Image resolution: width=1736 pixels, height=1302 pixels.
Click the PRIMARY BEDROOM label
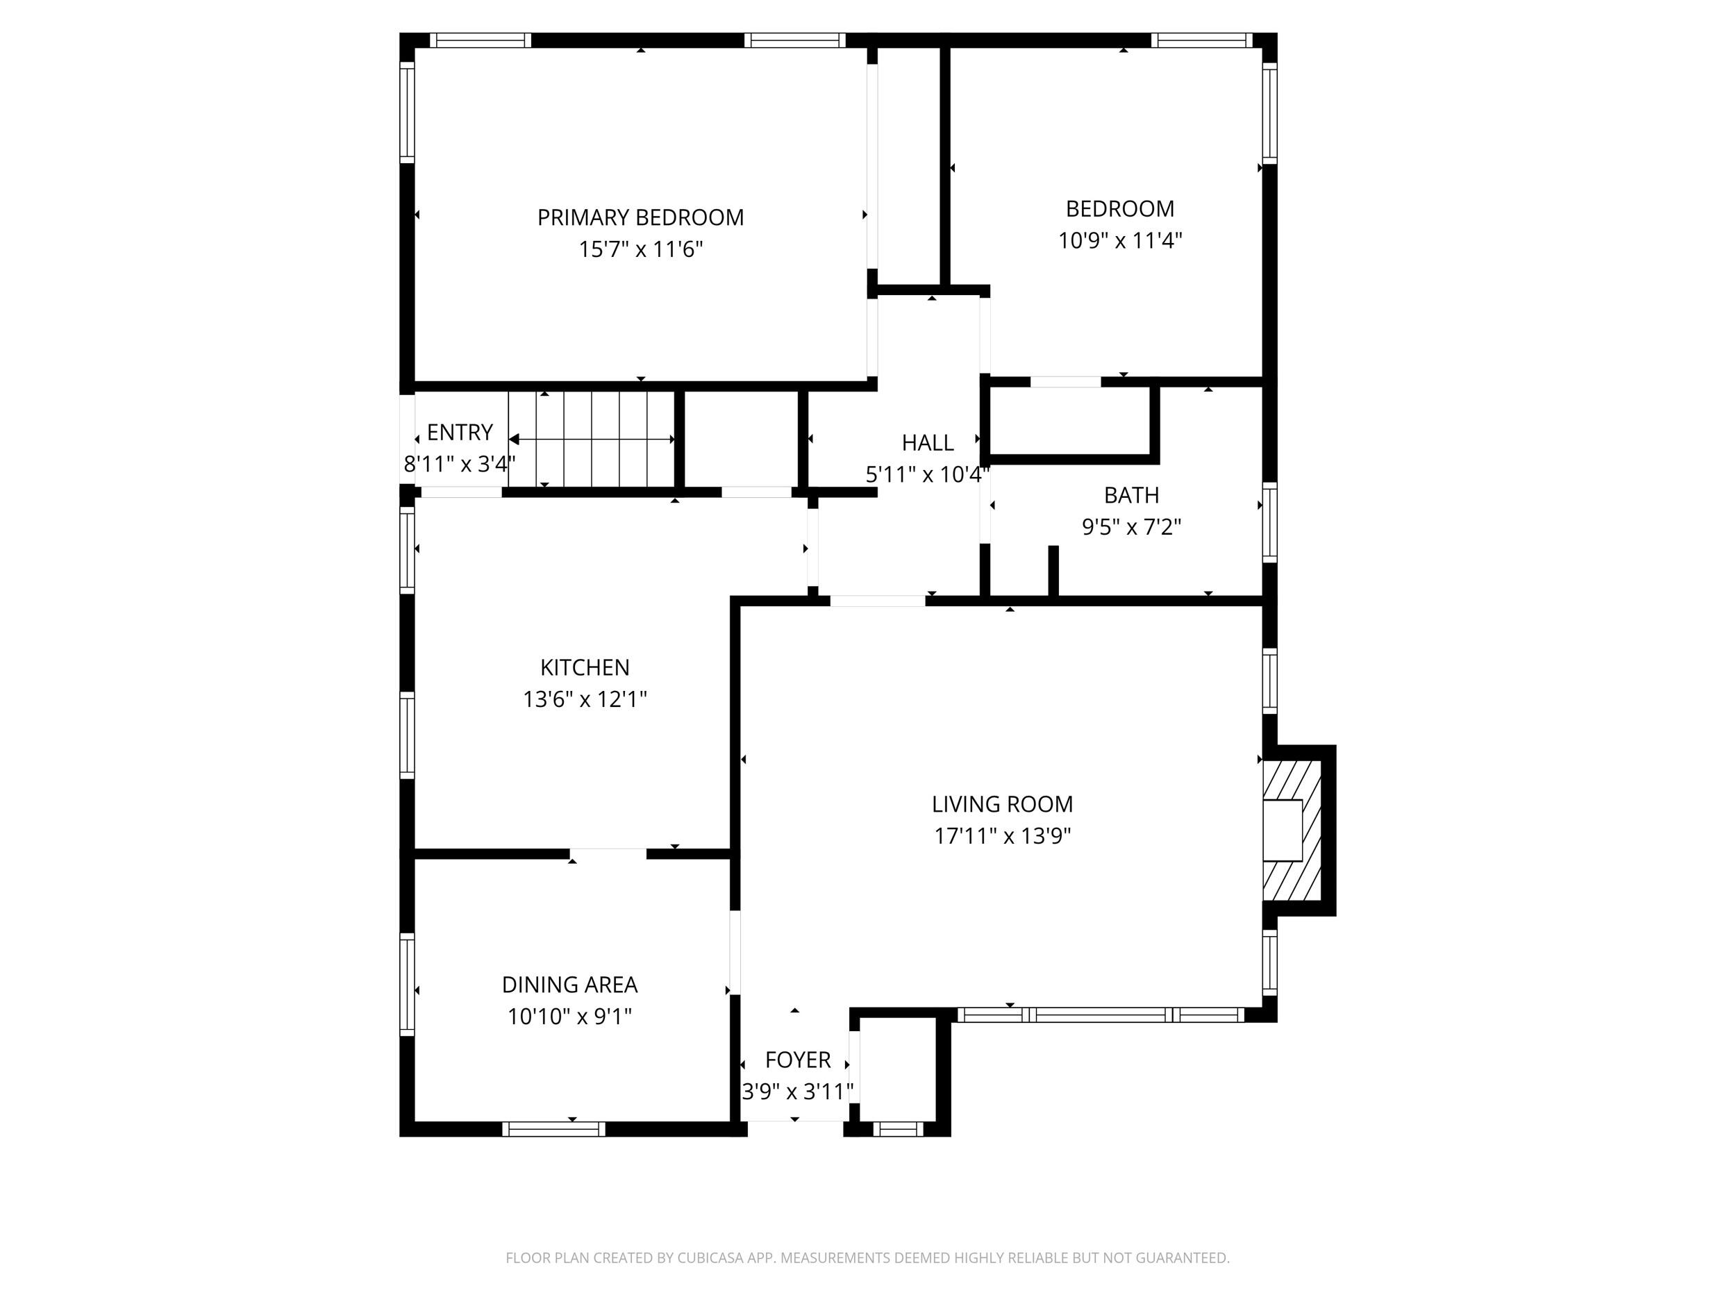click(640, 217)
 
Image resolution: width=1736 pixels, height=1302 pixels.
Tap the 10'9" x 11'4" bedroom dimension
click(1120, 240)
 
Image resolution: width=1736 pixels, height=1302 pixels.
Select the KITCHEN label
click(585, 667)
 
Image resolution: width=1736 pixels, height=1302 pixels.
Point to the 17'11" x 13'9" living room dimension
click(1002, 836)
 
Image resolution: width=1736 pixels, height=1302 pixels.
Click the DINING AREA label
click(570, 984)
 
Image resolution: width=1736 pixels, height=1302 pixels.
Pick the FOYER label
click(797, 1060)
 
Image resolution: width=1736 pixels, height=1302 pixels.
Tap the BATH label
click(1132, 495)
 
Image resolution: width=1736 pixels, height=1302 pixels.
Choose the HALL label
click(928, 442)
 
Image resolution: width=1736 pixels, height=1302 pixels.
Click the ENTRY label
click(460, 433)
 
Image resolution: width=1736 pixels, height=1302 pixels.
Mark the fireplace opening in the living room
click(1283, 831)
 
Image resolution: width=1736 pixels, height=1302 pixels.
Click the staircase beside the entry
click(592, 440)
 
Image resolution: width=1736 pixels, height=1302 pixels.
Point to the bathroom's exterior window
click(1269, 522)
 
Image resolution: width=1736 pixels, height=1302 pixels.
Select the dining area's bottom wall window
click(554, 1128)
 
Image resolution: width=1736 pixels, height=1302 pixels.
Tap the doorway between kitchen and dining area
click(608, 854)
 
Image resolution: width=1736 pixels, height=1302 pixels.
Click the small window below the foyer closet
click(899, 1128)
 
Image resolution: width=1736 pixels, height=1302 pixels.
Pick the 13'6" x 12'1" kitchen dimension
click(585, 699)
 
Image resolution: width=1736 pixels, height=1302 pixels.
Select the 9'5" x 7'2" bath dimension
click(1132, 526)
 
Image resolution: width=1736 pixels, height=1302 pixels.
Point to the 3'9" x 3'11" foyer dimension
click(797, 1092)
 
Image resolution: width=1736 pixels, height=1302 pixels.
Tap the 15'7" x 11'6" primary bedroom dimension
click(640, 249)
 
